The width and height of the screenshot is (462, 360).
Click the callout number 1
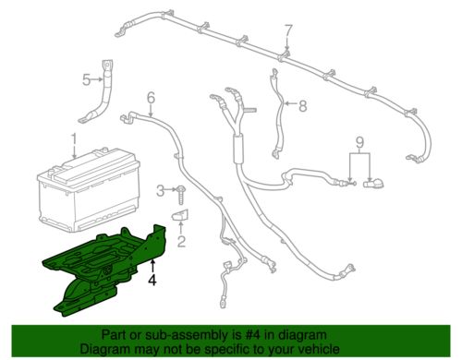click(x=72, y=140)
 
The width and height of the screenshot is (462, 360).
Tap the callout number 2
click(x=181, y=242)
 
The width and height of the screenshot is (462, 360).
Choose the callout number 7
click(x=287, y=33)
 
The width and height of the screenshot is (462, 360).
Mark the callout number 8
click(x=301, y=105)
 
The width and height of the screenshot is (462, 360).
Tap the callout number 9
click(x=361, y=143)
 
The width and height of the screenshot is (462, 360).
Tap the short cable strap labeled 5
click(x=103, y=92)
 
